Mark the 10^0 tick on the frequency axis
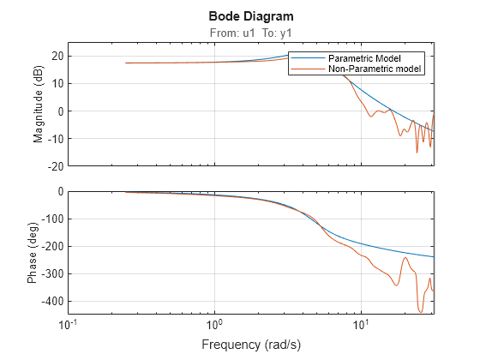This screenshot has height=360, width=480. (x=215, y=325)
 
